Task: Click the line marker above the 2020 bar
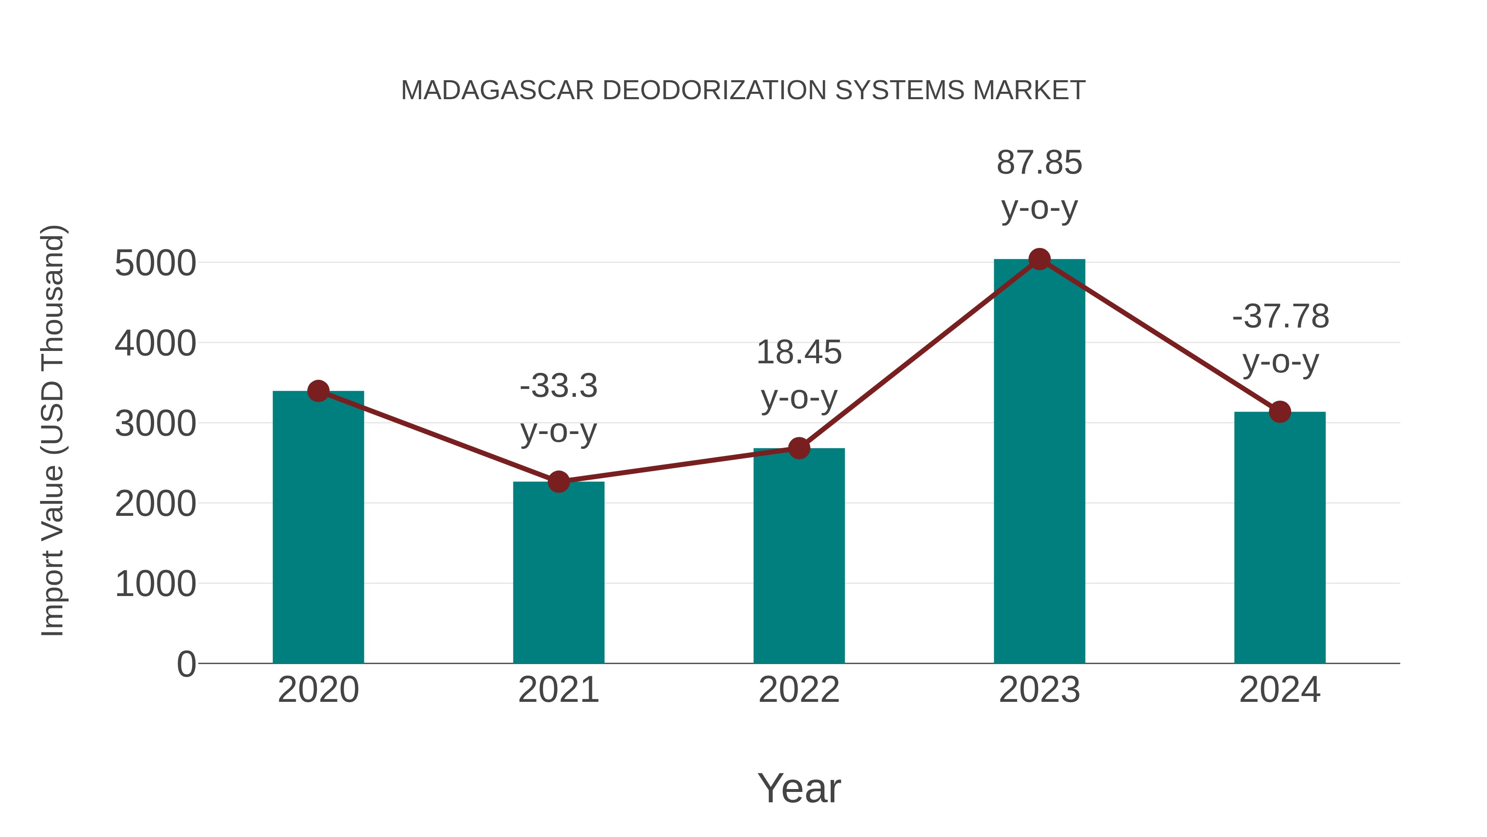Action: point(318,391)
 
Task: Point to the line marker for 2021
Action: point(558,481)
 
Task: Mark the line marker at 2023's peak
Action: point(1039,259)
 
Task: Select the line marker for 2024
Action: point(1280,412)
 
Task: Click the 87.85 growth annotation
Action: point(1039,163)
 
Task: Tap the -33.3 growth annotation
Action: point(558,386)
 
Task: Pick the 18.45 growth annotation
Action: point(799,352)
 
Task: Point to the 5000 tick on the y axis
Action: point(155,263)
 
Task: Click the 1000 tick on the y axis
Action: point(155,584)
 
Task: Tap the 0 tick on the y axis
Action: point(186,664)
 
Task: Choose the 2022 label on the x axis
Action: point(799,690)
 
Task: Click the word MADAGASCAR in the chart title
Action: point(497,91)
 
